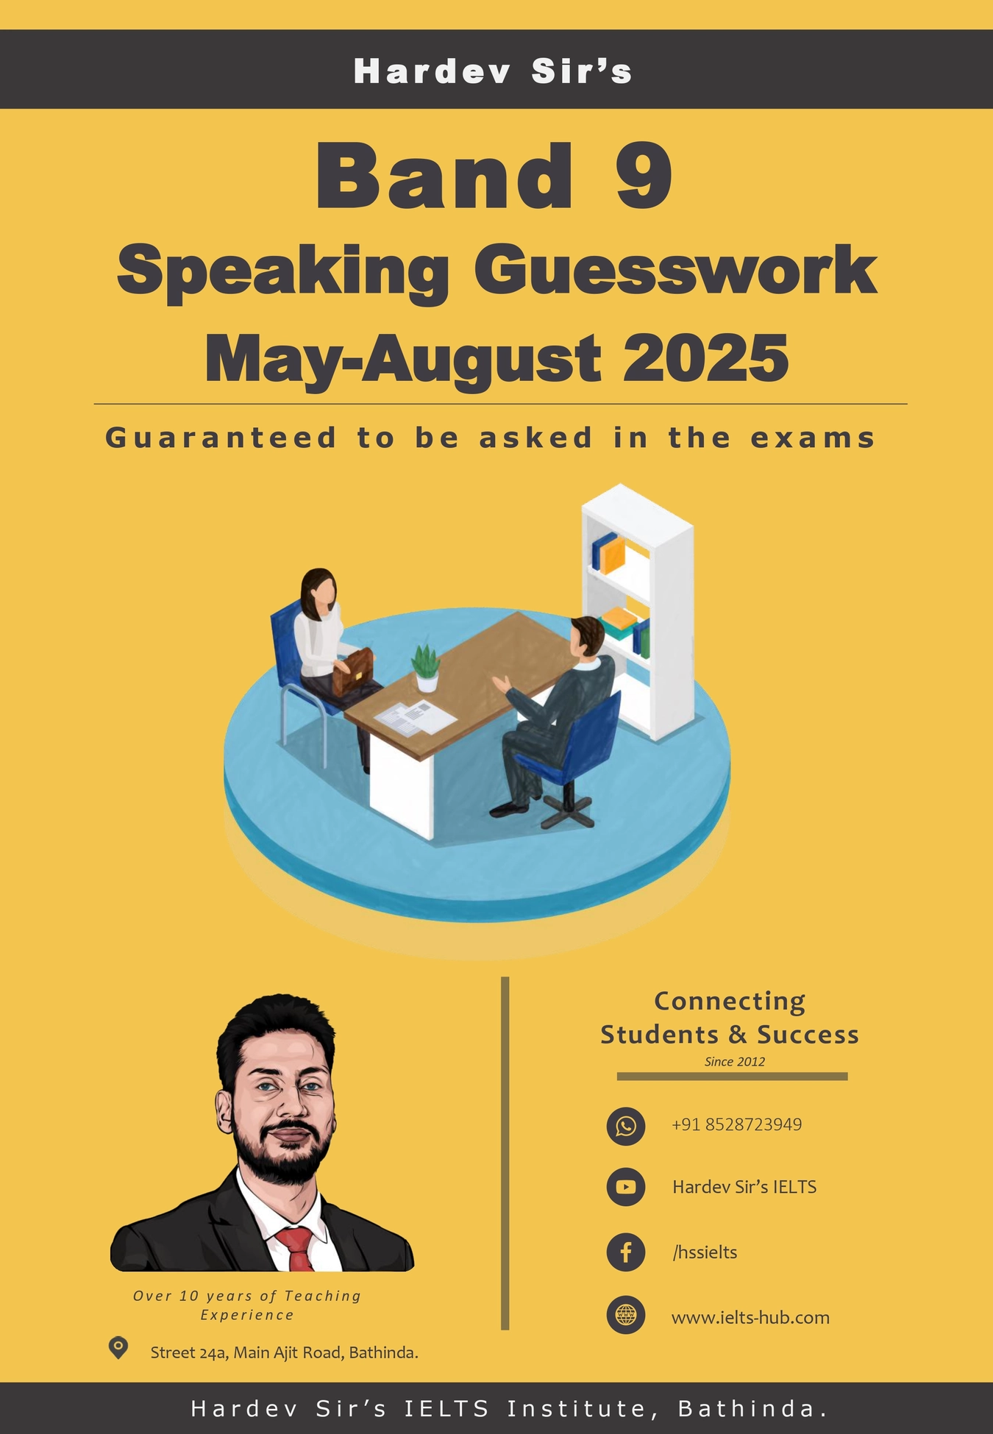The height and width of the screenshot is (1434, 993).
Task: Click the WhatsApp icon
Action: [625, 1126]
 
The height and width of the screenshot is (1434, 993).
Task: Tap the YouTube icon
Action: [625, 1187]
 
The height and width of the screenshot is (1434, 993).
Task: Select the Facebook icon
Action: [625, 1252]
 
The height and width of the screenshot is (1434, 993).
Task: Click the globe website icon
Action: [625, 1316]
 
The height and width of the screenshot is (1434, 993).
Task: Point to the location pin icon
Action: [118, 1348]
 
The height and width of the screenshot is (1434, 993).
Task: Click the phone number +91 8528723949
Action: [736, 1125]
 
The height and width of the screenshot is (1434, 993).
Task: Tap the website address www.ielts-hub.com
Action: [750, 1317]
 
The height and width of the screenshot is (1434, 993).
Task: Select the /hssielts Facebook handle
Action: [705, 1252]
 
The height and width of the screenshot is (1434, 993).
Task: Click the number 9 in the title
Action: [644, 176]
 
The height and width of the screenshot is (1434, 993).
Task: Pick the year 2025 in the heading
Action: [705, 358]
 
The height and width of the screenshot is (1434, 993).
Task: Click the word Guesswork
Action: [675, 271]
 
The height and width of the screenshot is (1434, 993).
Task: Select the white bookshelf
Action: [637, 610]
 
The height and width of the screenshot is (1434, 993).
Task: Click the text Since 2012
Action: [734, 1062]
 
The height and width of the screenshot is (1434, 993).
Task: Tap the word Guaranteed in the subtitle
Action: [221, 438]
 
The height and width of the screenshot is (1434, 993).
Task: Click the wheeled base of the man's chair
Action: [566, 813]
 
